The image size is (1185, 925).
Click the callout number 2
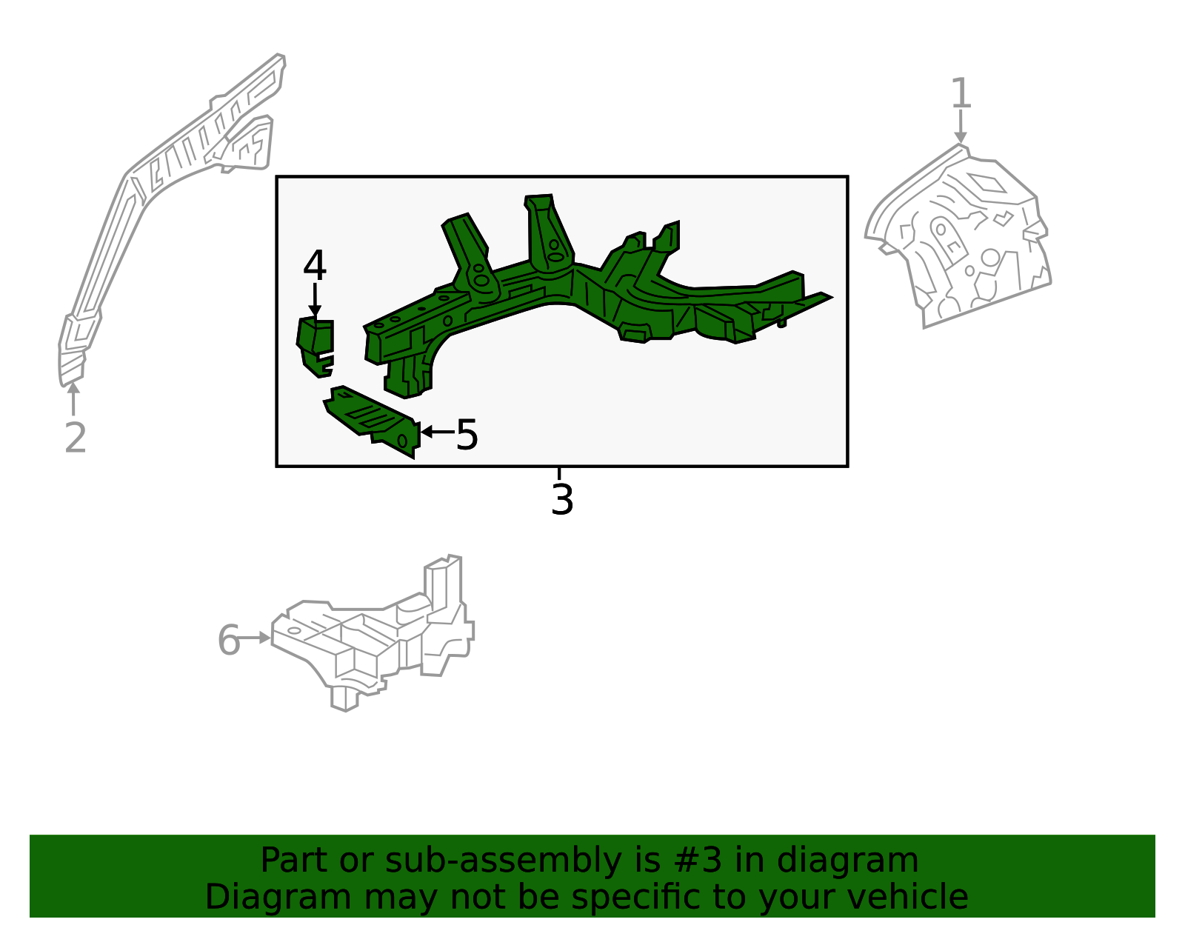(x=76, y=437)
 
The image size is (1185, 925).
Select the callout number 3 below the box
(x=562, y=498)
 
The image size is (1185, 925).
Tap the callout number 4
(x=315, y=265)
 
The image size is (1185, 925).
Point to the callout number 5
(x=467, y=435)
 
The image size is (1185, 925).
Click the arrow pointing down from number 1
(x=961, y=127)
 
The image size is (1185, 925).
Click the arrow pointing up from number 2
(x=73, y=398)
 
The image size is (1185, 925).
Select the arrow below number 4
(x=315, y=300)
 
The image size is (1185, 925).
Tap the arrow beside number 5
(x=438, y=432)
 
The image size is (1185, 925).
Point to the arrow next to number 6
(x=255, y=638)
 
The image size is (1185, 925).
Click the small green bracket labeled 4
(x=316, y=346)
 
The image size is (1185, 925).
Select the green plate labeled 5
(x=373, y=420)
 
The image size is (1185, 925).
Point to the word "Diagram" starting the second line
(x=278, y=898)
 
